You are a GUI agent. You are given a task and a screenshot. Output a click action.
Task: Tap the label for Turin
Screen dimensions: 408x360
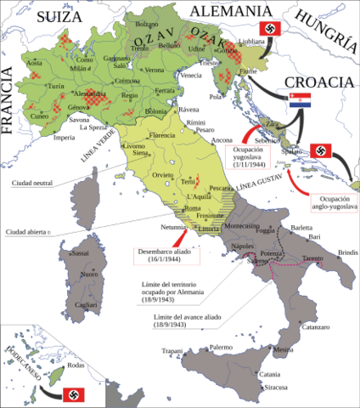click(x=56, y=87)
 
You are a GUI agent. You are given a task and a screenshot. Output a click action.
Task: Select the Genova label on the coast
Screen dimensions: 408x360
click(x=78, y=108)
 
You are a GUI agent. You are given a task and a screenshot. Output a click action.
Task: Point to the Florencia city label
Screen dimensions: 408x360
click(x=161, y=135)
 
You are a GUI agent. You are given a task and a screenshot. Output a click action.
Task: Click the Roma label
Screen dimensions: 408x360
click(x=193, y=209)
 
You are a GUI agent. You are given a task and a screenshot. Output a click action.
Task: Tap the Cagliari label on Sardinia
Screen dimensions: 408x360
click(x=86, y=304)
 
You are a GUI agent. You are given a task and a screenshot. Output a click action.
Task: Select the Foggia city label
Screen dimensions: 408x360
click(x=266, y=230)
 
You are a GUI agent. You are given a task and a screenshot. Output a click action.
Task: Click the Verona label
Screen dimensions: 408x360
click(x=155, y=70)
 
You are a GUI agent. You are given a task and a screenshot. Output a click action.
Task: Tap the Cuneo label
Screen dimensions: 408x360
click(x=40, y=116)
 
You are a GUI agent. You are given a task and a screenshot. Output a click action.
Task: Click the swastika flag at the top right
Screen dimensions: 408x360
click(x=270, y=29)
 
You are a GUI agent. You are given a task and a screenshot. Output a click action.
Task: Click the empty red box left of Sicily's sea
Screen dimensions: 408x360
click(x=166, y=256)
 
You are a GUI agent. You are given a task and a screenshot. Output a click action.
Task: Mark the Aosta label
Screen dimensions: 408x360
click(x=34, y=64)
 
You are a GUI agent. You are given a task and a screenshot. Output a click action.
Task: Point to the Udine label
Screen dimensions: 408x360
click(x=197, y=50)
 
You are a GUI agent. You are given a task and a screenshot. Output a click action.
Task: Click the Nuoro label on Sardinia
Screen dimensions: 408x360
click(x=88, y=275)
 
